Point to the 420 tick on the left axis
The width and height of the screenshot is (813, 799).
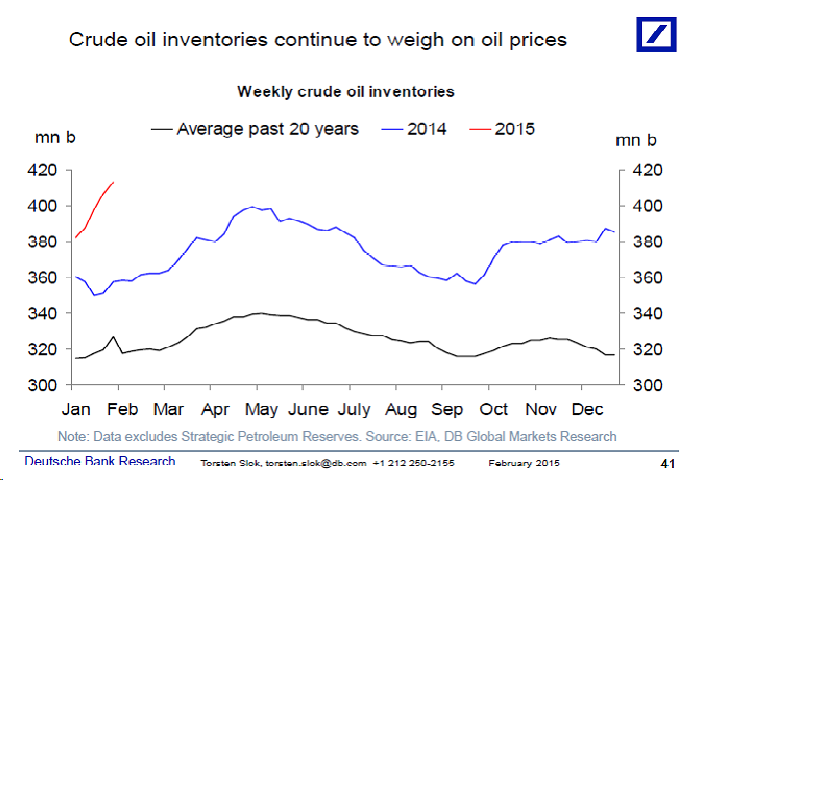[x=42, y=170]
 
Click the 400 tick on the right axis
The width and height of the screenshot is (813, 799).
[x=648, y=206]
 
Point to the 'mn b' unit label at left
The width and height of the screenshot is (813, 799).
[x=55, y=137]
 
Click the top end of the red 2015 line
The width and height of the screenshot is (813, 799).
[x=113, y=182]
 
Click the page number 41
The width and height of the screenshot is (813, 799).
[x=667, y=464]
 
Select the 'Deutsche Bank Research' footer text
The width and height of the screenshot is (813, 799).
[x=100, y=461]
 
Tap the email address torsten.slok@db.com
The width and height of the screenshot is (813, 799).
[x=316, y=463]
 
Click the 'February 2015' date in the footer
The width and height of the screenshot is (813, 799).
[x=524, y=463]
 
